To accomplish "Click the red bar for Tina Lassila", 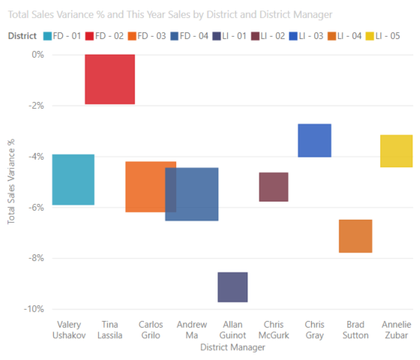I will pyautogui.click(x=109, y=79).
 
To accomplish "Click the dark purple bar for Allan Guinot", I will pyautogui.click(x=232, y=287).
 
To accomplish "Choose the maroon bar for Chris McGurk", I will pyautogui.click(x=273, y=187).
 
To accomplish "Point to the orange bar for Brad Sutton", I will pyautogui.click(x=355, y=236).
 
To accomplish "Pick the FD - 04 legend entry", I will pyautogui.click(x=193, y=35).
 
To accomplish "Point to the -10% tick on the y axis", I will pyautogui.click(x=33, y=309).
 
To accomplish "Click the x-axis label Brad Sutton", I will pyautogui.click(x=355, y=330).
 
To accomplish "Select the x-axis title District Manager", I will pyautogui.click(x=232, y=346).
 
